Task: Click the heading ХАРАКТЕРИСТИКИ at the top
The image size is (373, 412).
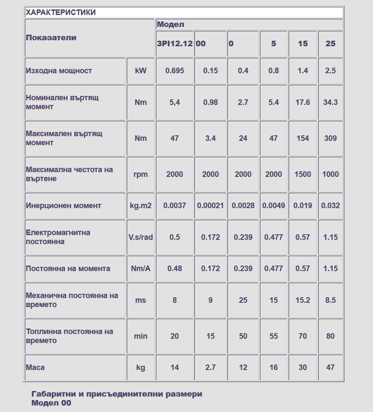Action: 61,12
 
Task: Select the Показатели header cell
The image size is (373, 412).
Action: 51,38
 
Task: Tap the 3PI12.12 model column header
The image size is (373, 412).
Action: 174,44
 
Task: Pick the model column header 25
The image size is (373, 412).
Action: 330,44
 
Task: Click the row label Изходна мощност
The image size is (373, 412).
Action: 59,71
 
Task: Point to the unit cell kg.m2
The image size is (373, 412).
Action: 140,206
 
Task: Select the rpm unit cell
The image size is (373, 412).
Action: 140,174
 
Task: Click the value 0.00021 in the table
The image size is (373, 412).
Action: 210,206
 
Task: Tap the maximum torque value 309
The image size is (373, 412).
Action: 330,138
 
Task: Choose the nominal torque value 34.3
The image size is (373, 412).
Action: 330,102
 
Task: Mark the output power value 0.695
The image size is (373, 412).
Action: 174,71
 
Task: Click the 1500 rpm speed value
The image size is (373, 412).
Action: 302,174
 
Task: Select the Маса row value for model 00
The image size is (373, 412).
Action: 210,367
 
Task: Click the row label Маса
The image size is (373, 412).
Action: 35,367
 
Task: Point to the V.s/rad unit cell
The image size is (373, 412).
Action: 140,237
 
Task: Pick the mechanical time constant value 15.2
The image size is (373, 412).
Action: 302,300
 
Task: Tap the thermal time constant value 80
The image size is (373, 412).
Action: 330,336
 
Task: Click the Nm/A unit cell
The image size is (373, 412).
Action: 140,269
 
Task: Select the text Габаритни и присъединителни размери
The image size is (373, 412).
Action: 116,394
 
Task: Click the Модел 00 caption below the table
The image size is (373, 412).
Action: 51,403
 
